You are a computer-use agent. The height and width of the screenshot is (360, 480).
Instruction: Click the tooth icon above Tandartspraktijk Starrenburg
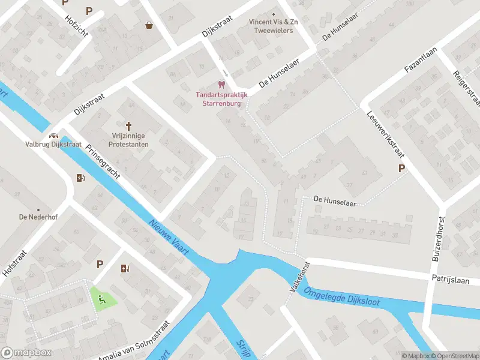click(221, 85)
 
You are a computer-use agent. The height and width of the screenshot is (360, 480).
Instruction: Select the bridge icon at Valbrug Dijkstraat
click(54, 135)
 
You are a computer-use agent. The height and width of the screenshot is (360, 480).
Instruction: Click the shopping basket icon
click(148, 25)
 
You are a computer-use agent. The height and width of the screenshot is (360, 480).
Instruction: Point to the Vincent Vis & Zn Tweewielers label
click(274, 26)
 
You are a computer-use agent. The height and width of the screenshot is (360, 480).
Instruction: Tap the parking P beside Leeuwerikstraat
click(401, 169)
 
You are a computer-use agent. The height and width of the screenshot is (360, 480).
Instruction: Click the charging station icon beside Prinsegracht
click(80, 177)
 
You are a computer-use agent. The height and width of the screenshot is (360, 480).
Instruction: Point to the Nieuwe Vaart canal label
click(169, 238)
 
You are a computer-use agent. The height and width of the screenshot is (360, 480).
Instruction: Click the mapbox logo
click(25, 353)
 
